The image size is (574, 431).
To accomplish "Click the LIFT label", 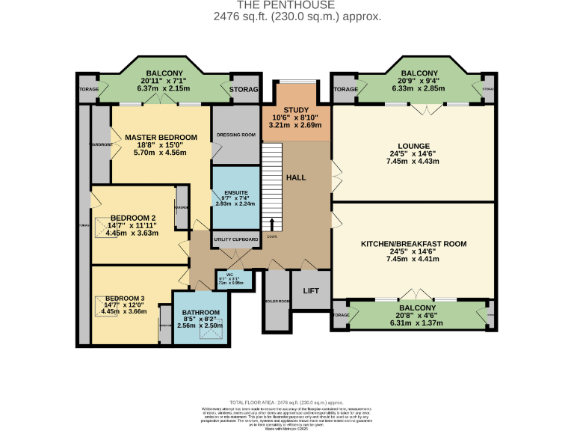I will [311, 291].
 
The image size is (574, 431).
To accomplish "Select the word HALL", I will [297, 177].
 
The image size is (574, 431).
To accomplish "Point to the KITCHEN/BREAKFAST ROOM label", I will [413, 244].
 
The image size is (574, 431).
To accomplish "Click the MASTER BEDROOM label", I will [161, 137].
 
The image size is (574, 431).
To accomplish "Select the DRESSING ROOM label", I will [235, 135].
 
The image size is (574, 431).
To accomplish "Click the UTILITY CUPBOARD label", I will [236, 240].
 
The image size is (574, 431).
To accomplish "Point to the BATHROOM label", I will [200, 313].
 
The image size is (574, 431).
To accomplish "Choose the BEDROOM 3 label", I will [126, 296].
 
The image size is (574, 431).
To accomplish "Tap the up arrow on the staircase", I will [271, 224].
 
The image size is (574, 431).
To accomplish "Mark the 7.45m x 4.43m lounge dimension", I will [413, 162].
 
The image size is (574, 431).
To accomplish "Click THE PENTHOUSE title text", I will [286, 4].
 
